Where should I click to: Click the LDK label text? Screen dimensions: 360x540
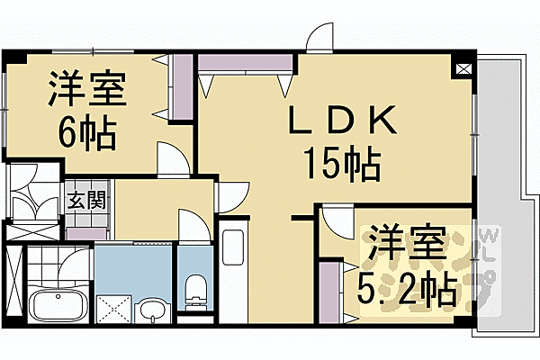click(x=339, y=121)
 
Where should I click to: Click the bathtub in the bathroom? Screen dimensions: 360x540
click(x=57, y=305)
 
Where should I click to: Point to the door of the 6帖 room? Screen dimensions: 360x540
click(x=172, y=157)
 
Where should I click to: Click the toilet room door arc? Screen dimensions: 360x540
click(x=193, y=224)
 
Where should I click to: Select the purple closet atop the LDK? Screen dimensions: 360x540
click(x=246, y=63)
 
